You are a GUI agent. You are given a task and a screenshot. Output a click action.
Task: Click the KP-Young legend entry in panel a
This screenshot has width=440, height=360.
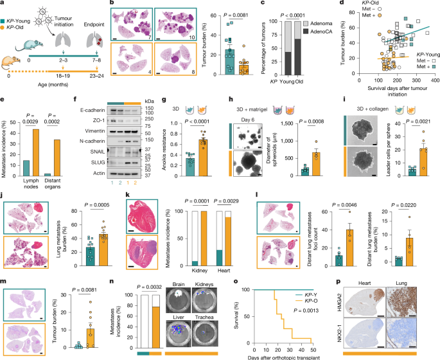24,14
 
